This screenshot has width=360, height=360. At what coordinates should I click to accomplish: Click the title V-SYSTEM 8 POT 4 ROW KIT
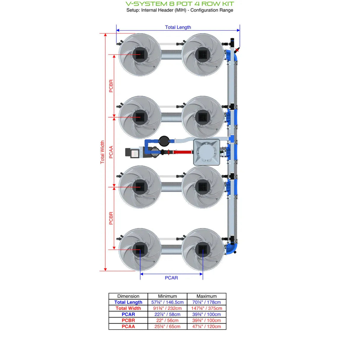[x=180, y=4]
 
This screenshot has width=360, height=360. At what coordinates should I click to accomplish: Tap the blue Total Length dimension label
[x=178, y=27]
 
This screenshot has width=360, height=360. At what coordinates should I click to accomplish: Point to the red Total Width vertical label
[x=102, y=152]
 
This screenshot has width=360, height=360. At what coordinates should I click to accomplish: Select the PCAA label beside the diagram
[x=111, y=152]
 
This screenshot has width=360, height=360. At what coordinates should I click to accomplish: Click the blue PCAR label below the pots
[x=171, y=278]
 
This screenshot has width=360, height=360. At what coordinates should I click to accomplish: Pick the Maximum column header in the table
[x=206, y=296]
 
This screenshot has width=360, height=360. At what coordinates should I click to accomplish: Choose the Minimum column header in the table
[x=167, y=296]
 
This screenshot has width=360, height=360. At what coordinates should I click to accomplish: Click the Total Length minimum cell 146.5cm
[x=167, y=302]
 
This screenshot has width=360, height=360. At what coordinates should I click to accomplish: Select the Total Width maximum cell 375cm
[x=206, y=308]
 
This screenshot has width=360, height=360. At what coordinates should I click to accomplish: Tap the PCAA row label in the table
[x=128, y=326]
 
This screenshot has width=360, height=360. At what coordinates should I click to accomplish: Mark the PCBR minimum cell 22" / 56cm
[x=167, y=321]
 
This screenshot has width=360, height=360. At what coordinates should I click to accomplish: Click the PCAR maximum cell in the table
[x=206, y=314]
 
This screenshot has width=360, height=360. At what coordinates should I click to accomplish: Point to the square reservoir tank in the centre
[x=206, y=152]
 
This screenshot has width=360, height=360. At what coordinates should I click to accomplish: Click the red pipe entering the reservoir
[x=182, y=152]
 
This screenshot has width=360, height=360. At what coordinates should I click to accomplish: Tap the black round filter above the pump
[x=164, y=141]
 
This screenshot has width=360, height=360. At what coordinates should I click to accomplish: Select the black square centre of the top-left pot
[x=140, y=55]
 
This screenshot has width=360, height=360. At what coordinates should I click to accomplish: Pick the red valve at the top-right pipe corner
[x=237, y=50]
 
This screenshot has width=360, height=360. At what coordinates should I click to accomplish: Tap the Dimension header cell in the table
[x=128, y=296]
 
